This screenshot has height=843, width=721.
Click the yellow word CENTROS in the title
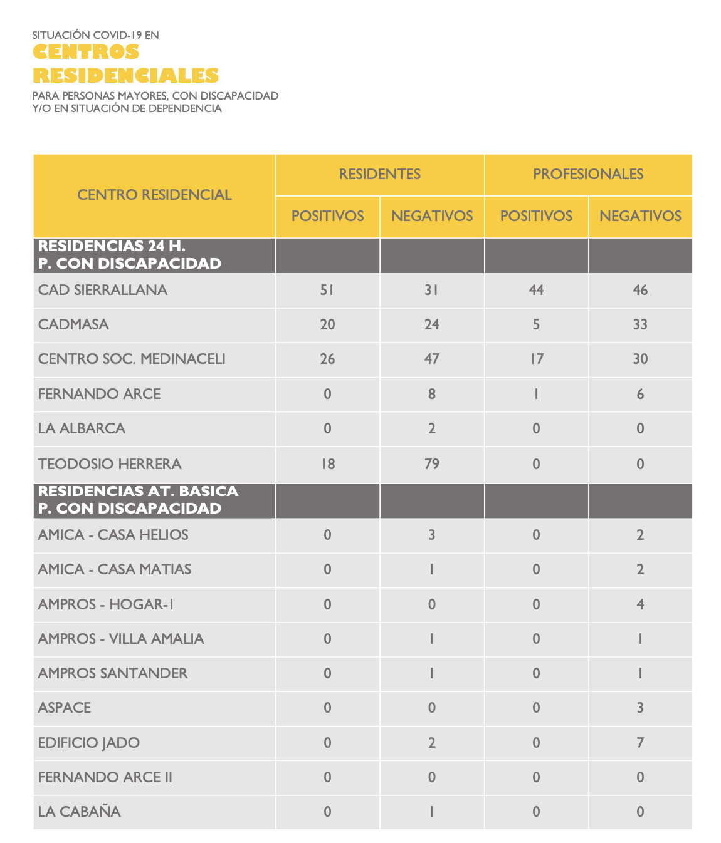[86, 52]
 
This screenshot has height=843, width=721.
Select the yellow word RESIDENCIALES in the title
[125, 75]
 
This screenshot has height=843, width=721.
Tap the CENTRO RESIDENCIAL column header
[154, 195]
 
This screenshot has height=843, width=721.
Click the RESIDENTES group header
[379, 174]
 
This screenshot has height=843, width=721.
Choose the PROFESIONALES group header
[588, 174]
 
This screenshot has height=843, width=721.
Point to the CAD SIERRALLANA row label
[103, 290]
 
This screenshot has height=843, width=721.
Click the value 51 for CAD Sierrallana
[327, 290]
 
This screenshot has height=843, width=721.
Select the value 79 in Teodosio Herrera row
[431, 464]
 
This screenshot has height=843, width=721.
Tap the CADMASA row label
[73, 324]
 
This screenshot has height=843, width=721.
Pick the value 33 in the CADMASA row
[640, 324]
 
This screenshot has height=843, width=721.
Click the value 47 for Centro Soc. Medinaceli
[431, 359]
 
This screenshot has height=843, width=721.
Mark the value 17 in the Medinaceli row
[536, 359]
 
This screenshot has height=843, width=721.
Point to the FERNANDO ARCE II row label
[105, 777]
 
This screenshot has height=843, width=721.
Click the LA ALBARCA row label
[82, 428]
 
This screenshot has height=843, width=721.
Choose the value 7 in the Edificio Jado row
[640, 743]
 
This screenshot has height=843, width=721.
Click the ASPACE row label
[65, 708]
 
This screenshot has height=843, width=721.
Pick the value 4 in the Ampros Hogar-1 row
[640, 604]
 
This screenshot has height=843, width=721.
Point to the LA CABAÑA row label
[79, 812]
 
